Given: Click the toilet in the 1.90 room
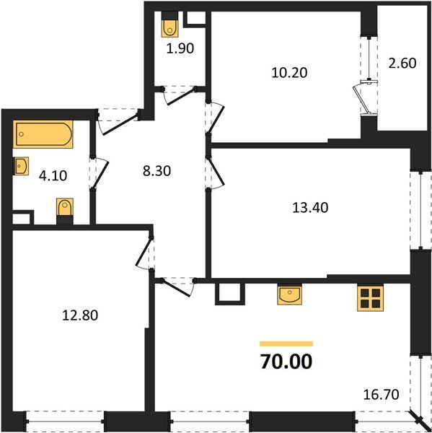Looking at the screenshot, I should click(x=170, y=27).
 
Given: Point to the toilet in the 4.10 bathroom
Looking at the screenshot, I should click(x=64, y=211).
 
